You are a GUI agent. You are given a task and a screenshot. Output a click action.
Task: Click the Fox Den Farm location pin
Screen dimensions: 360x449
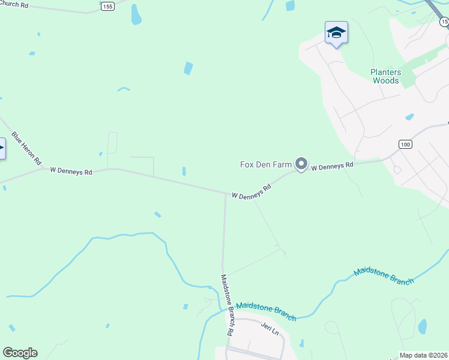tap(301, 164)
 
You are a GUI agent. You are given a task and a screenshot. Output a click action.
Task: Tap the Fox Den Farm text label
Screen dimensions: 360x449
tap(265, 164)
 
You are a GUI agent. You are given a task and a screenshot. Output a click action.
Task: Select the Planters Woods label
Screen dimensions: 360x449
tap(385, 76)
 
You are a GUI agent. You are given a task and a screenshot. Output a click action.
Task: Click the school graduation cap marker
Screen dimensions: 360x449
tap(336, 34)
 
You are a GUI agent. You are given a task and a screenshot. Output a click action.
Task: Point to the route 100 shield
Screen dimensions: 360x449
tap(406, 145)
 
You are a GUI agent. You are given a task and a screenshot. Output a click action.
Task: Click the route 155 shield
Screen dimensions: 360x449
tap(107, 6)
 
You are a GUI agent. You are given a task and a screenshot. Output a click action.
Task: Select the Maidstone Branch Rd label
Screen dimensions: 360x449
tap(226, 304)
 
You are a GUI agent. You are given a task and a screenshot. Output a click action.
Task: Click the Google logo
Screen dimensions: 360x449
tap(20, 353)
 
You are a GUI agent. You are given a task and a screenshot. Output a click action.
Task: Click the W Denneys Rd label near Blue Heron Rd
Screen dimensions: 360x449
tap(71, 171)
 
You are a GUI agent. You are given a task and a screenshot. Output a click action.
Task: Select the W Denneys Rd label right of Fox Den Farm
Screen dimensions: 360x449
tap(332, 165)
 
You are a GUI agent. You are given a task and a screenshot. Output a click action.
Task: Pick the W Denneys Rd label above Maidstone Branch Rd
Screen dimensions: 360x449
tap(252, 193)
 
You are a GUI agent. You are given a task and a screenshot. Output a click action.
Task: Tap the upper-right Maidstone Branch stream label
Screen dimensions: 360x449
tap(384, 275)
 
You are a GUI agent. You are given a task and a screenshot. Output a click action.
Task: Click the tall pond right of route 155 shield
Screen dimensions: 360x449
tap(136, 14)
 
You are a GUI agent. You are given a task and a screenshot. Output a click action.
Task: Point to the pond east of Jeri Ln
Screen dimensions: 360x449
tap(422, 326)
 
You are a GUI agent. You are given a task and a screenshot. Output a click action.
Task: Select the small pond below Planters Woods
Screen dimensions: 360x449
tap(409, 116)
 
